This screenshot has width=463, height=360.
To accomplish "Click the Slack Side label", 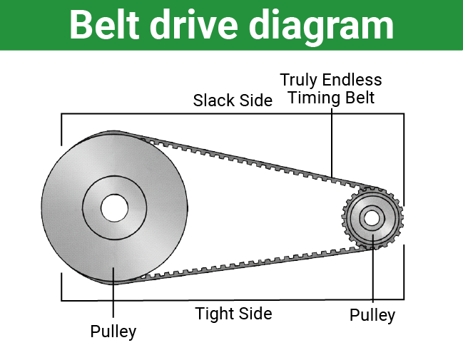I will pyautogui.click(x=233, y=101).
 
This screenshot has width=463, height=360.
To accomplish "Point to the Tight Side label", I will pyautogui.click(x=233, y=314).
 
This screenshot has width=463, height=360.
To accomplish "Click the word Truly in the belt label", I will pyautogui.click(x=298, y=80).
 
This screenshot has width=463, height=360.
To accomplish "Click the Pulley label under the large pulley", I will pyautogui.click(x=113, y=331).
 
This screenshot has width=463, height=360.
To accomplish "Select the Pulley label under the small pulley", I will pyautogui.click(x=372, y=315).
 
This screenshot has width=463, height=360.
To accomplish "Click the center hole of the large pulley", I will pyautogui.click(x=114, y=208).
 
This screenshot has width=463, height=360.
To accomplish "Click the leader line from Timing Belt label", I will pyautogui.click(x=332, y=143).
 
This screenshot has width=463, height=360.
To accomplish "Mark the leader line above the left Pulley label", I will pyautogui.click(x=113, y=299).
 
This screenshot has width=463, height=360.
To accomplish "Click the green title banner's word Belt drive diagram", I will pyautogui.click(x=231, y=25).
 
